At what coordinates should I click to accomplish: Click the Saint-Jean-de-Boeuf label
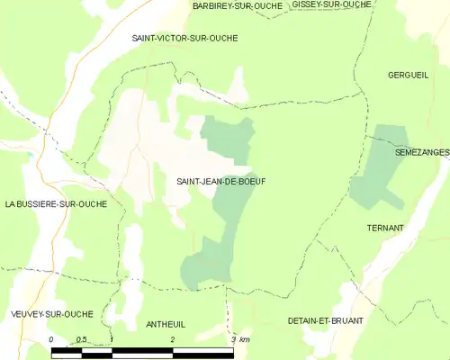pos(214,181)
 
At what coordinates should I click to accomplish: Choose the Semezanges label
pos(421,153)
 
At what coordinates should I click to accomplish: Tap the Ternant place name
pos(385,228)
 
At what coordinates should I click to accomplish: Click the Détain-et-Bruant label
pos(325,320)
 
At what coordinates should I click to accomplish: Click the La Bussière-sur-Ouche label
pos(56,204)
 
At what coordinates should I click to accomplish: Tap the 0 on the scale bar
pos(51,339)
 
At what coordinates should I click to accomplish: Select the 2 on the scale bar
pos(172,339)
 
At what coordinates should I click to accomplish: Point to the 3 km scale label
pos(239,339)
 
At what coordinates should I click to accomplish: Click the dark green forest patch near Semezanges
pos(378,166)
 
